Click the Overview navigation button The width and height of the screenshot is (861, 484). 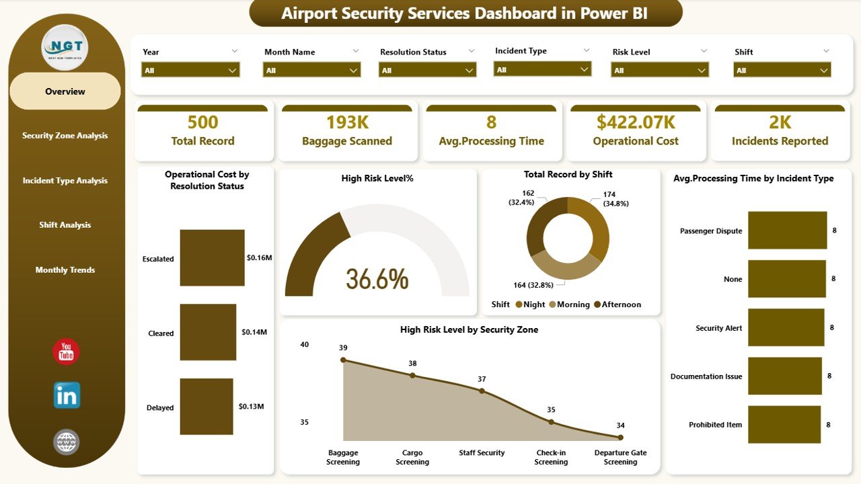[65, 91]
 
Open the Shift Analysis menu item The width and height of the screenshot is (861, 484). [65, 225]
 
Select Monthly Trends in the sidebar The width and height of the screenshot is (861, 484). [65, 270]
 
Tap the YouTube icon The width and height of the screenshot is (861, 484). [66, 352]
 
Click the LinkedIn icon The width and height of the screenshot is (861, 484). [67, 395]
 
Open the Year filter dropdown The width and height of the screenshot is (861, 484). [190, 70]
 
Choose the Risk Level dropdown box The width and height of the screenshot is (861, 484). [659, 70]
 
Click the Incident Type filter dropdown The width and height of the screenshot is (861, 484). [542, 69]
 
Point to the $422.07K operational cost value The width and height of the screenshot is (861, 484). [635, 122]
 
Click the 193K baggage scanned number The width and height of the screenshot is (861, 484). [346, 122]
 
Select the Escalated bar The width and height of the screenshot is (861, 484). [212, 258]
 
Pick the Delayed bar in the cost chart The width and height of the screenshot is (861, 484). [206, 407]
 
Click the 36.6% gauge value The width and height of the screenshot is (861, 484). [377, 279]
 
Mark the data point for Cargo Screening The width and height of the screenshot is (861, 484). [412, 376]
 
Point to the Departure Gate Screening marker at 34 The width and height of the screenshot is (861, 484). [620, 438]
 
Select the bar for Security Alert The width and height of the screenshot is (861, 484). [786, 328]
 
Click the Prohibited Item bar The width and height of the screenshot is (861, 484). [784, 425]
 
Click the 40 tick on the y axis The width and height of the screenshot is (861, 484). [304, 345]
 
